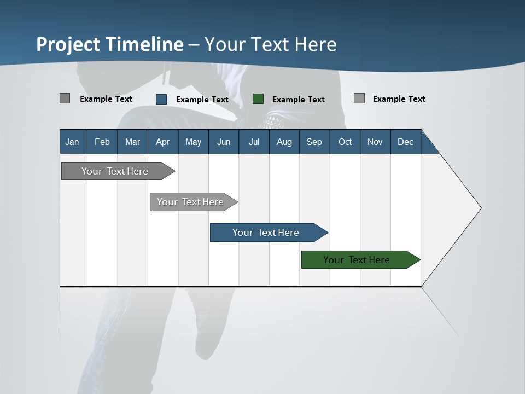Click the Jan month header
72,142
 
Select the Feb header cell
102,142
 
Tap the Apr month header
162,142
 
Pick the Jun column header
224,142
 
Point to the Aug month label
284,142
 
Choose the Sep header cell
314,142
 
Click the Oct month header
345,142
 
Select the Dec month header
405,142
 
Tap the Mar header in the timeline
132,142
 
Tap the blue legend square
161,99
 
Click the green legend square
258,99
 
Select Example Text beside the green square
299,100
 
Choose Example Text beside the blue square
202,100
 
